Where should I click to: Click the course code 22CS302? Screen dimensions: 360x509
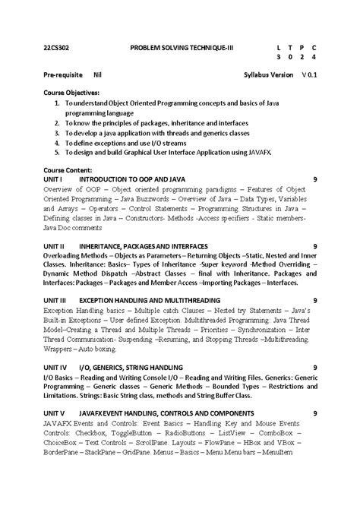(56, 47)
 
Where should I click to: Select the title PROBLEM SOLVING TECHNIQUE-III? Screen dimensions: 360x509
(182, 47)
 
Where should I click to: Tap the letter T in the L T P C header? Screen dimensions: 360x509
(291, 47)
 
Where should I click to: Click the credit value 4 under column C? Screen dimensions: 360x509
(314, 58)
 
